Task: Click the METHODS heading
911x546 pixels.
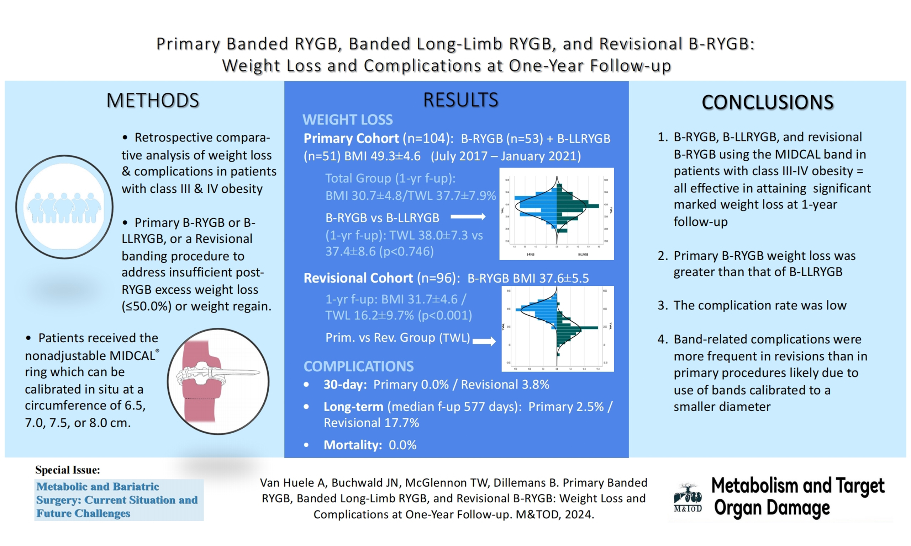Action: pos(152,101)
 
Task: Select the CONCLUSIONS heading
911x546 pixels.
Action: pos(767,102)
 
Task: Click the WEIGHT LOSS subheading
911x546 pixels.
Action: pos(347,119)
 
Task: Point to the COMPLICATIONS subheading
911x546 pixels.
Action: pos(358,366)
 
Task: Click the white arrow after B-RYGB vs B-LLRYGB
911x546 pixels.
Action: pos(468,217)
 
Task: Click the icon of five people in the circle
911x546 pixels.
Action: pos(64,208)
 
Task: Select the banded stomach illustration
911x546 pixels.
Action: pos(218,381)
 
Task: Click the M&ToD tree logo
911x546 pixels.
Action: pos(688,497)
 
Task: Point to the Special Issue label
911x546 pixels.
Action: pos(67,470)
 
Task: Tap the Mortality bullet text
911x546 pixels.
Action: pos(370,445)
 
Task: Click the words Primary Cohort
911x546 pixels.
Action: pos(351,138)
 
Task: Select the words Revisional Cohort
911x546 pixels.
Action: pos(358,278)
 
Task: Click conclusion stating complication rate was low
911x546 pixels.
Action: pos(759,305)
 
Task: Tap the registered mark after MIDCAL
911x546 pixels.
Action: pos(157,350)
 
